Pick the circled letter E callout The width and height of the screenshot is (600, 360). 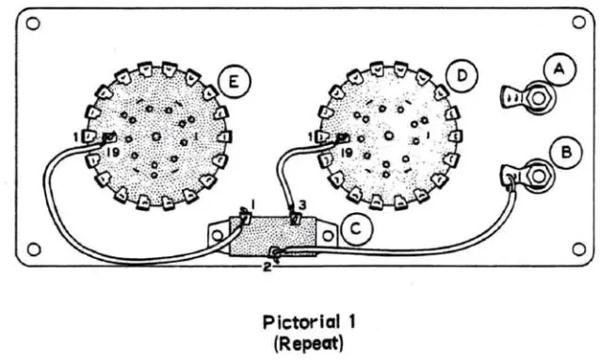pyautogui.click(x=230, y=82)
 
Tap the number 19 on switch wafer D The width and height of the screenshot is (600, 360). pyautogui.click(x=348, y=151)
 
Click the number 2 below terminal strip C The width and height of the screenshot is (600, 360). pyautogui.click(x=267, y=268)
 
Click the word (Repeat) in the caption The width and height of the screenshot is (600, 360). pyautogui.click(x=300, y=343)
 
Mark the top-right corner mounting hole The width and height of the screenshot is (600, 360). pyautogui.click(x=575, y=25)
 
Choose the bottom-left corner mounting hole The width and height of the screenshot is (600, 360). pyautogui.click(x=33, y=250)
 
